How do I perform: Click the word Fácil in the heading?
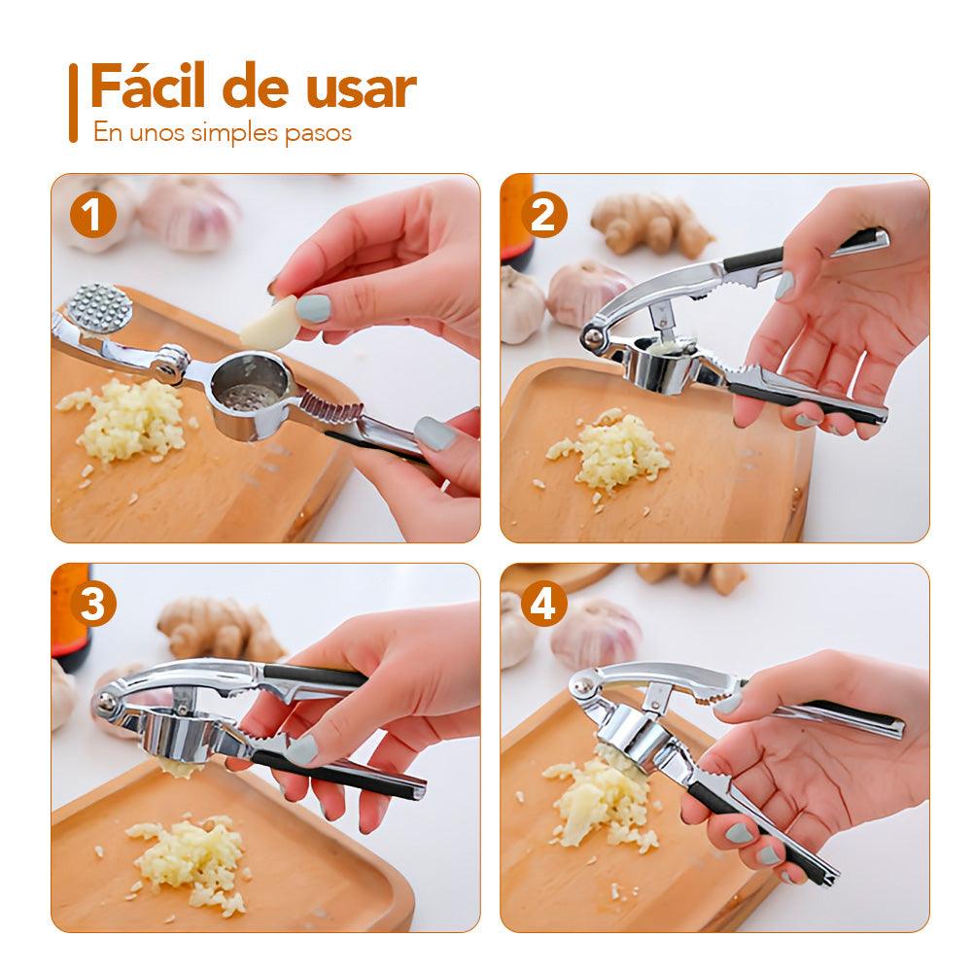click(148, 86)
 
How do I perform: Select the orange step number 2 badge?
click(543, 215)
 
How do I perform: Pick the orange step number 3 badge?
click(93, 605)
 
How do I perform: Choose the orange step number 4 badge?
click(543, 605)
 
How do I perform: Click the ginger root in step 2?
click(651, 224)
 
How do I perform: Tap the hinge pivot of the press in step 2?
click(593, 337)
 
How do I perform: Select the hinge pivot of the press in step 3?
click(105, 701)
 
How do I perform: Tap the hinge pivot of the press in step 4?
click(581, 686)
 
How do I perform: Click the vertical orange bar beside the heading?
click(73, 103)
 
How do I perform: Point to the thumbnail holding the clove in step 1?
click(313, 308)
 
